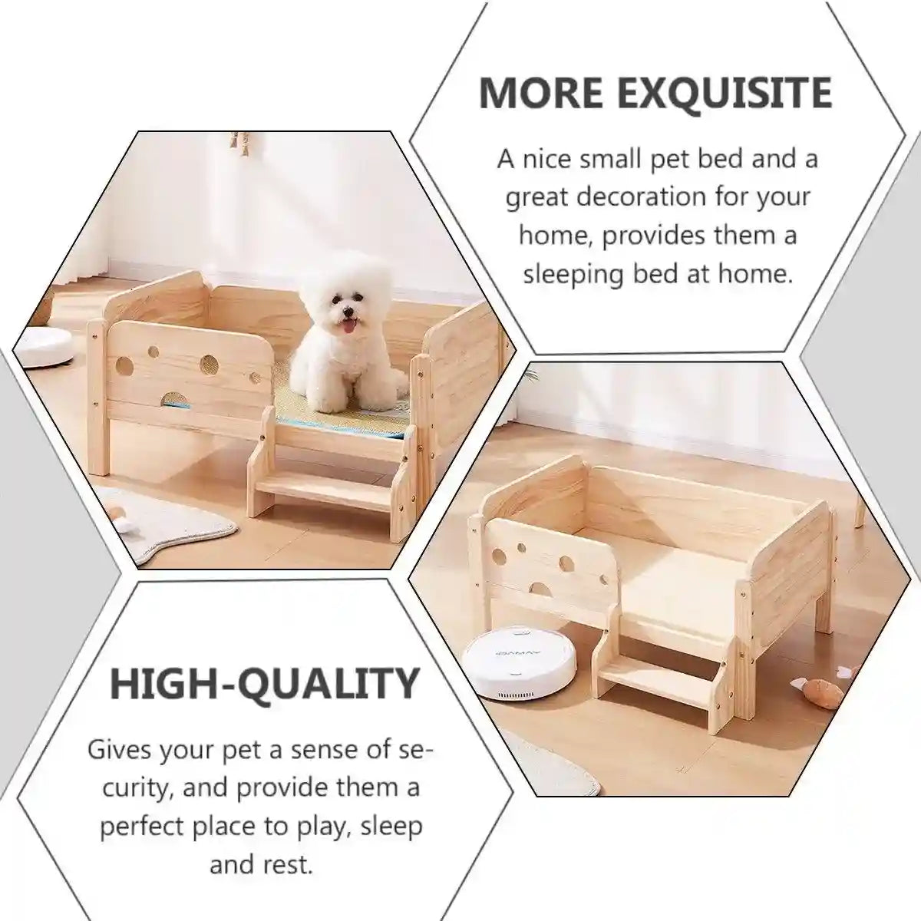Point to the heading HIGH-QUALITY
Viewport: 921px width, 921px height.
[x=265, y=682]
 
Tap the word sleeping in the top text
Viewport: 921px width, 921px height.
[x=573, y=274]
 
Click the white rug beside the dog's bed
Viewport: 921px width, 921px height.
[x=177, y=530]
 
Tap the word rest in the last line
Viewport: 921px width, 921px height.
[x=292, y=865]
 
